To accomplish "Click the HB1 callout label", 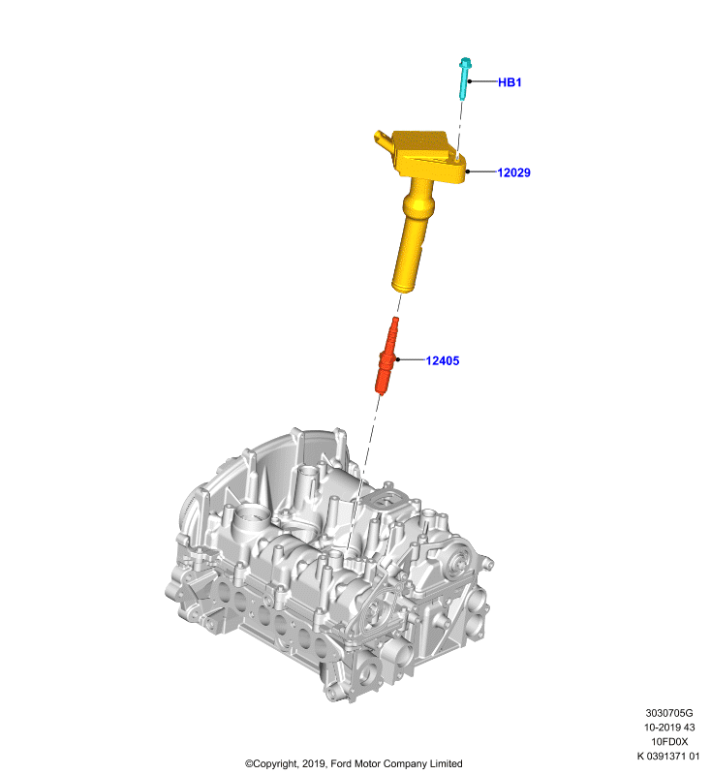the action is tap(510, 82).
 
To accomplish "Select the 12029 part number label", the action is tap(513, 172).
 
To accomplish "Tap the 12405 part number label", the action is tap(443, 360).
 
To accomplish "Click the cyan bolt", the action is tap(464, 78).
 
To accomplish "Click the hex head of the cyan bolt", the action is tap(465, 63).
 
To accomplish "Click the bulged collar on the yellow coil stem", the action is tap(418, 202).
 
